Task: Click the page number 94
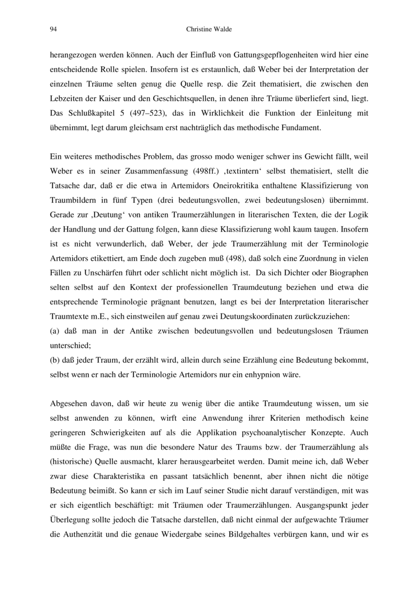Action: coord(53,30)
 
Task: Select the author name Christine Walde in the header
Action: coord(209,30)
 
